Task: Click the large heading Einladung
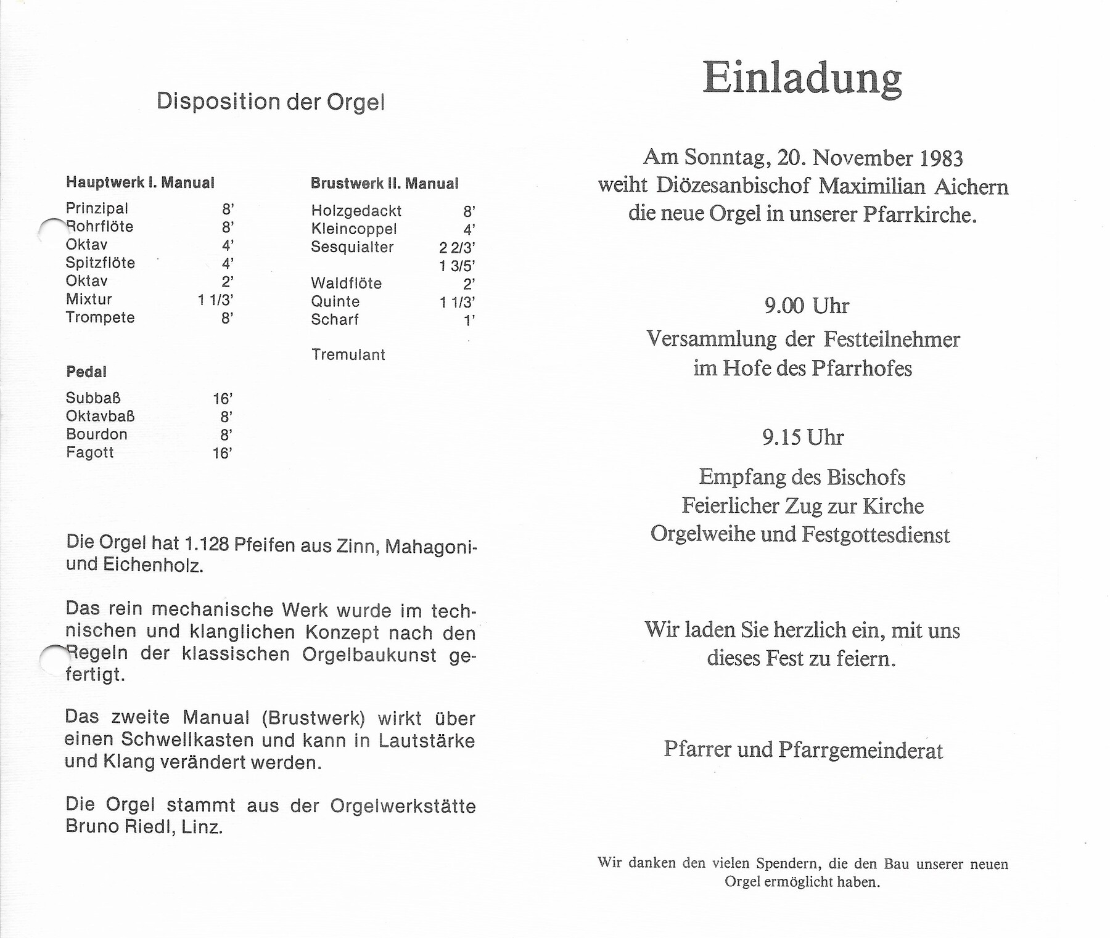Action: pyautogui.click(x=802, y=79)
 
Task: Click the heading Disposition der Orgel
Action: pyautogui.click(x=271, y=102)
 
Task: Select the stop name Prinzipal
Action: pyautogui.click(x=97, y=208)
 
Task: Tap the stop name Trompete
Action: pyautogui.click(x=100, y=317)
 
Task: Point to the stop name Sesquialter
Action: pyautogui.click(x=352, y=247)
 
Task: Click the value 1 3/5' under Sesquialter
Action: pyautogui.click(x=457, y=266)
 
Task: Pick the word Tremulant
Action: pyautogui.click(x=348, y=354)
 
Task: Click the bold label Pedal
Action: pyautogui.click(x=86, y=372)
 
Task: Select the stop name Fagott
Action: pyautogui.click(x=90, y=452)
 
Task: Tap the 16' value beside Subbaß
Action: pyautogui.click(x=222, y=399)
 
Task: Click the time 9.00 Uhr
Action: pyautogui.click(x=807, y=306)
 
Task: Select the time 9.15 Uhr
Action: pyautogui.click(x=803, y=438)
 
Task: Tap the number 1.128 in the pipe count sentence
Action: pyautogui.click(x=207, y=544)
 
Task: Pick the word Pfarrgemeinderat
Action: pyautogui.click(x=860, y=750)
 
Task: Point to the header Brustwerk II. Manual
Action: pyautogui.click(x=384, y=183)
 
